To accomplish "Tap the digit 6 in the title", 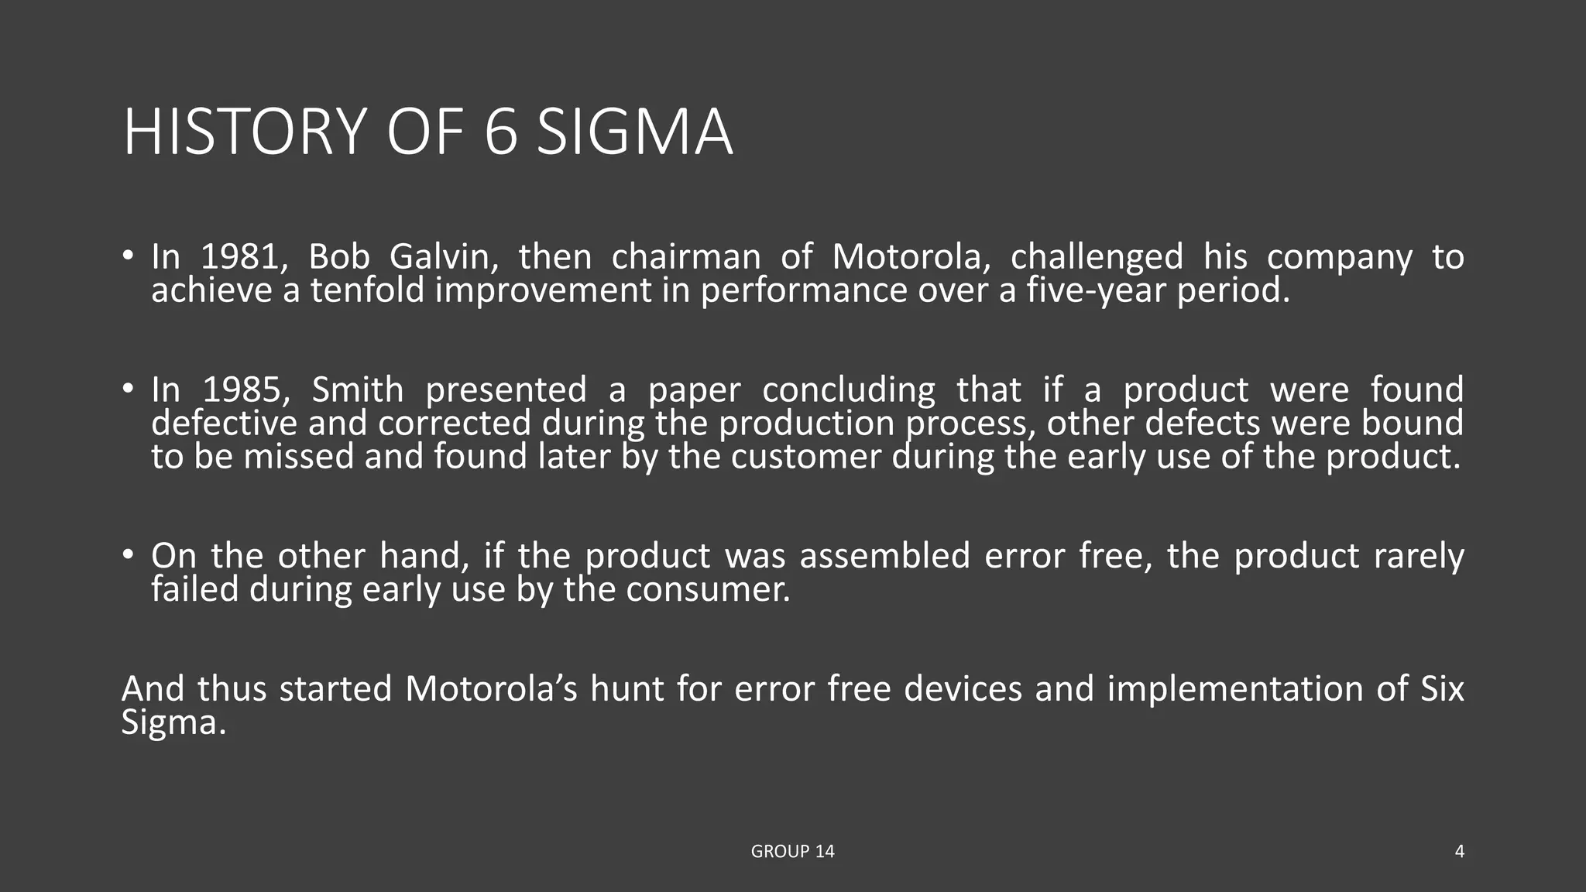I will pos(500,132).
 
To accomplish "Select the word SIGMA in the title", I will pos(634,132).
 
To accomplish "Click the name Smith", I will pos(357,389).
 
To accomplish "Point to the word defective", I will pos(224,423).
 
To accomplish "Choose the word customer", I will pos(806,456).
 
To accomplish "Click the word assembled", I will pos(884,556).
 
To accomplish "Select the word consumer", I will pos(708,589).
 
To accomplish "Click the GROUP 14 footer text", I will pos(792,852).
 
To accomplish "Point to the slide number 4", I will pos(1459,852).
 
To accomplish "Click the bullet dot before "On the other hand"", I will pos(128,554).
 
